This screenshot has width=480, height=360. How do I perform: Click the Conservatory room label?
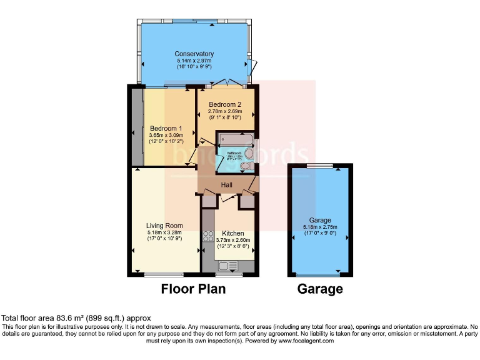point(194,54)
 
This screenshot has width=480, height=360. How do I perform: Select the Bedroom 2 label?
point(225,104)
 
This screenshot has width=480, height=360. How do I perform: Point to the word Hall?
point(227,184)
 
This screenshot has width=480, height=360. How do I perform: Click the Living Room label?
point(164,226)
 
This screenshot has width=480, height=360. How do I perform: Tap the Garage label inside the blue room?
point(320,220)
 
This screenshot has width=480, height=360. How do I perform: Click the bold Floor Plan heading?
point(193,289)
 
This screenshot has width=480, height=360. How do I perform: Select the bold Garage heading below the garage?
point(320,289)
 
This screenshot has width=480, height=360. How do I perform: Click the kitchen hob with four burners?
point(208,237)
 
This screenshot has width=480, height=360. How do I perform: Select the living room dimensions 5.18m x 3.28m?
point(164,232)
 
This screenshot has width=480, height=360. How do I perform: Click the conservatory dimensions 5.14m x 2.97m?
point(194,61)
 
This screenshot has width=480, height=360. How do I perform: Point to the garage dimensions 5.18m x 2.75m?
point(320,227)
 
